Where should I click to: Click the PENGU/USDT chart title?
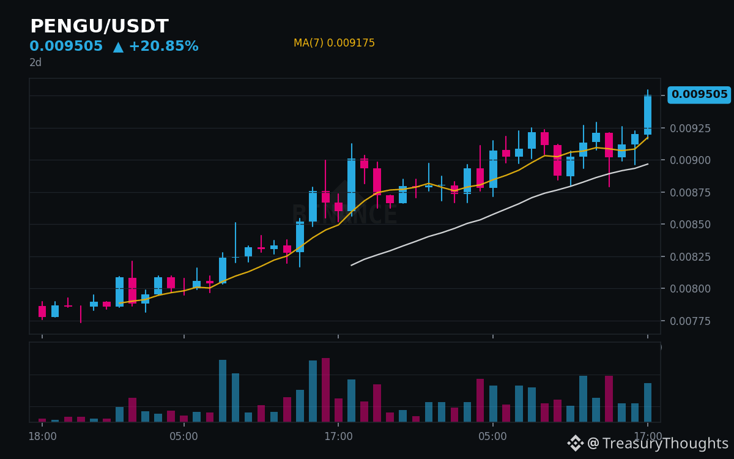coord(99,26)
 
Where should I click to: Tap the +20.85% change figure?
coord(164,46)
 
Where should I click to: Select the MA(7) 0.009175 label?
coord(334,43)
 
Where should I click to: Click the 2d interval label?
coord(35,62)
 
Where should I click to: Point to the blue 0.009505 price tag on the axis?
coord(699,94)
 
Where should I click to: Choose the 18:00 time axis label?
coord(42,436)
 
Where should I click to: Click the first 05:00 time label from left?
coord(184,436)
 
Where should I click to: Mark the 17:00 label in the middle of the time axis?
coord(338,436)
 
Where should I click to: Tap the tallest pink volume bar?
coord(325,390)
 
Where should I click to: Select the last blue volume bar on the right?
coord(648,402)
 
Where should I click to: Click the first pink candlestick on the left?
coord(42,312)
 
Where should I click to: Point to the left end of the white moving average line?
coord(351,265)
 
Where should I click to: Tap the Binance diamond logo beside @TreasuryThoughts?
coord(576,443)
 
